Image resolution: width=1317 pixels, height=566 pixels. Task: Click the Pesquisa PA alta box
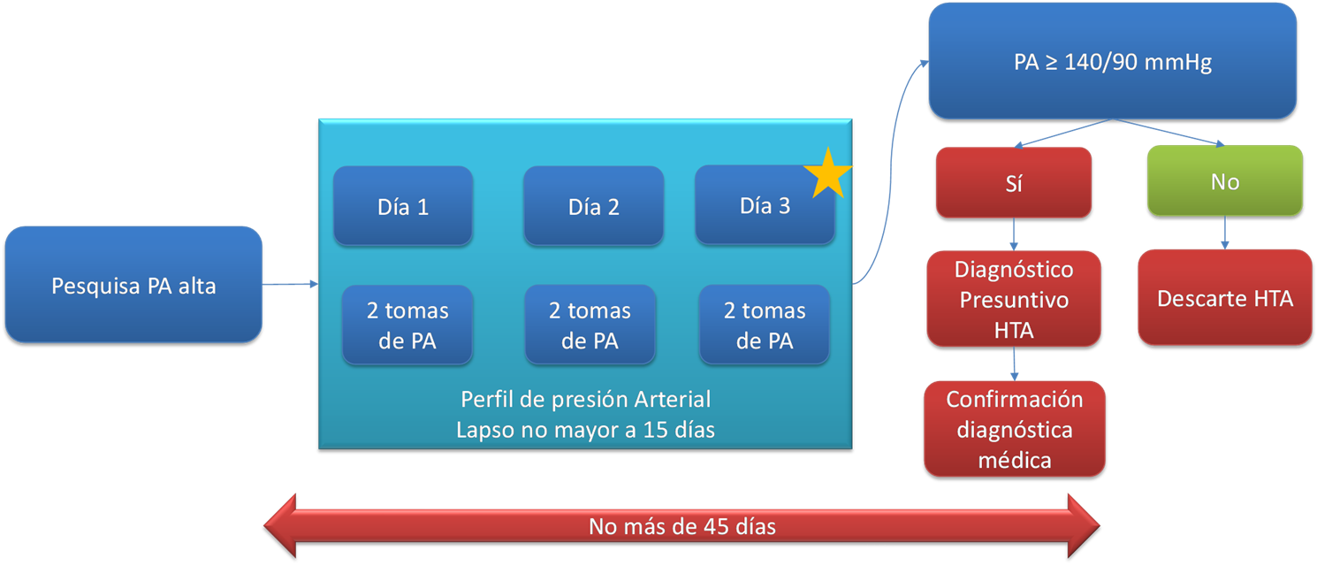click(x=133, y=285)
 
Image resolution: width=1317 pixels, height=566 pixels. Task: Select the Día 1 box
click(x=403, y=206)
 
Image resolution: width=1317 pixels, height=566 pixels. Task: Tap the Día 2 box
click(x=594, y=206)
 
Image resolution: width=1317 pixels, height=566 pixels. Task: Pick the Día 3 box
click(x=765, y=205)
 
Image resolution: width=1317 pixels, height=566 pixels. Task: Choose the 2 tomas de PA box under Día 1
click(x=407, y=325)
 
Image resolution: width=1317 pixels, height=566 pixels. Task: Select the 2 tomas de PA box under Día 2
click(x=590, y=325)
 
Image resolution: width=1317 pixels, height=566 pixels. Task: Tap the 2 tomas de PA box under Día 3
click(x=765, y=325)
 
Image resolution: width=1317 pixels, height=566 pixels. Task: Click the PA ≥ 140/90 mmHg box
click(x=1113, y=61)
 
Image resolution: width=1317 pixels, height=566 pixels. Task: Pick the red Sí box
click(x=1014, y=183)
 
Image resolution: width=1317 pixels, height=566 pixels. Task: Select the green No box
click(x=1225, y=181)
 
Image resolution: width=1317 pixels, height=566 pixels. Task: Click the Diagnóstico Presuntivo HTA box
click(x=1014, y=300)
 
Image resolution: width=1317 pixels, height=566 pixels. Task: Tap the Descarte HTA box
click(x=1225, y=298)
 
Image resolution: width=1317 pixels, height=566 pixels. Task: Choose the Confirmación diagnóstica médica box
click(x=1015, y=430)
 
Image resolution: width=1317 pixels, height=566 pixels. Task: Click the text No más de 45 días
click(x=682, y=526)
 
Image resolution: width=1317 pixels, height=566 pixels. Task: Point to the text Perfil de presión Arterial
click(x=586, y=400)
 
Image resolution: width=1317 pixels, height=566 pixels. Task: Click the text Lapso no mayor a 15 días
click(x=586, y=430)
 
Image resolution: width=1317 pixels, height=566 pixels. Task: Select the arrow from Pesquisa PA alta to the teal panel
click(x=291, y=284)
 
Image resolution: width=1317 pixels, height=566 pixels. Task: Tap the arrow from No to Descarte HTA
click(x=1225, y=233)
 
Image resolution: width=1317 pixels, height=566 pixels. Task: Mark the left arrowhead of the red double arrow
click(x=280, y=525)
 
